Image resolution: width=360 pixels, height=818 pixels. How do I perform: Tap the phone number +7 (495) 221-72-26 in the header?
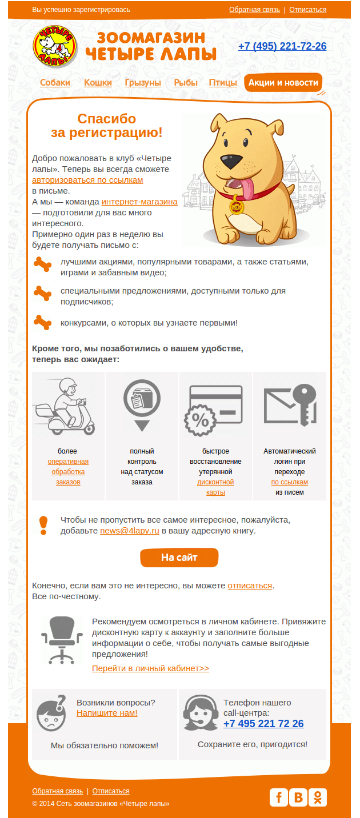[x=282, y=46]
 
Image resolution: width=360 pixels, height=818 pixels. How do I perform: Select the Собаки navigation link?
[x=55, y=83]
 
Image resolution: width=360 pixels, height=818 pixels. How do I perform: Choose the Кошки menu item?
[x=98, y=83]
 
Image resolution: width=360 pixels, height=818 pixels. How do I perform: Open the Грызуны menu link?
[x=143, y=83]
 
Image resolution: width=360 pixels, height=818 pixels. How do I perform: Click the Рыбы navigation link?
[x=186, y=83]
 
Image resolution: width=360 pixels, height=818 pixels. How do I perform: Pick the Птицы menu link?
[x=223, y=83]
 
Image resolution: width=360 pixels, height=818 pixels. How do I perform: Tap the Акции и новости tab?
[x=283, y=83]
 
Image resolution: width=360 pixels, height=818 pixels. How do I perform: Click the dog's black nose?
[x=235, y=162]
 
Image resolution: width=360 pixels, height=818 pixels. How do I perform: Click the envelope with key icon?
[x=290, y=406]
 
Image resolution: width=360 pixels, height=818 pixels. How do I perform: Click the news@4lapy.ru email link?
[x=129, y=531]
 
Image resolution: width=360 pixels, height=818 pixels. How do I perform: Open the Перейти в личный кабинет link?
[x=150, y=668]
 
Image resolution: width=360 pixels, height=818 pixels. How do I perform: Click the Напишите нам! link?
[x=107, y=713]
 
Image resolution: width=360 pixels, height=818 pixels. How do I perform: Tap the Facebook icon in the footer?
[x=279, y=797]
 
